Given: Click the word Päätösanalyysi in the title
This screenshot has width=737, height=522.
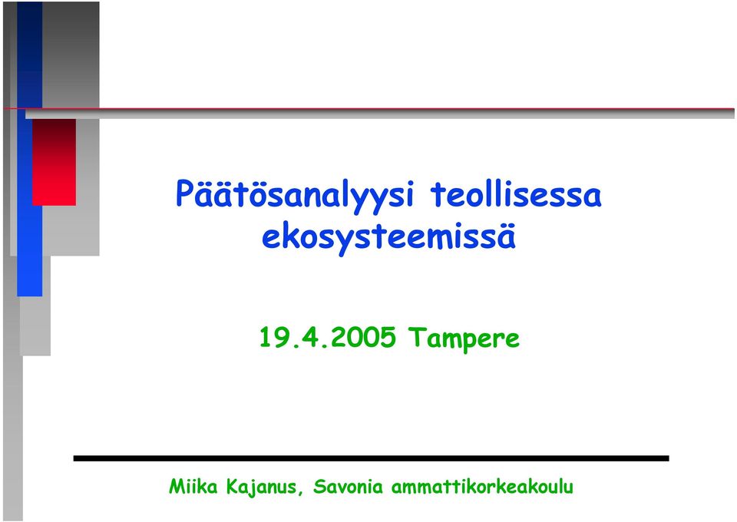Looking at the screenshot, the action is pos(294,196).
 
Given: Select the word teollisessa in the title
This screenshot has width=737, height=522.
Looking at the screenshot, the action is pos(516,193).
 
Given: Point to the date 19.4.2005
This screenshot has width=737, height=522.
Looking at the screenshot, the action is pos(328,337).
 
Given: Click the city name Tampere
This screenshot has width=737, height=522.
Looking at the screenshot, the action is pos(464,339).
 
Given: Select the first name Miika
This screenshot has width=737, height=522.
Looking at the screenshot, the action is pos(193,486).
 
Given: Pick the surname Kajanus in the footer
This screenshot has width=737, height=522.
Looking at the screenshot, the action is pos(261,487).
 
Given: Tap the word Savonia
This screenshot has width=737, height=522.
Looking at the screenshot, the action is pos(349,486).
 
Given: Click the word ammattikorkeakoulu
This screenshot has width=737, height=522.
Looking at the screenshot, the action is pos(482,486).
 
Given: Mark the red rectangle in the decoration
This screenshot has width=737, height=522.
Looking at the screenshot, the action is pos(54,162).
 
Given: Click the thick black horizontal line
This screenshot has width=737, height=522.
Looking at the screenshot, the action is pos(372,458).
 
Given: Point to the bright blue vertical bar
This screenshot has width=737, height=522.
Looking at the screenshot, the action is pos(30,150).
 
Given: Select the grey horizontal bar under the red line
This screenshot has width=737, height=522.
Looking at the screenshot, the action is pos(380,114).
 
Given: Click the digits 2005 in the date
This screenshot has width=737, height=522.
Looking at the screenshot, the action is pos(363,337).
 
